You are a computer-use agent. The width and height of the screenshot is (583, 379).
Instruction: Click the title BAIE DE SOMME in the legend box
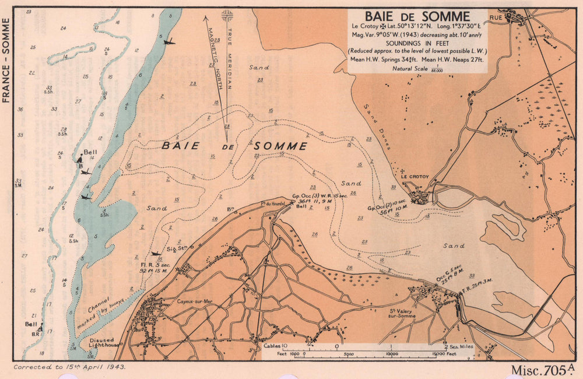point(417,16)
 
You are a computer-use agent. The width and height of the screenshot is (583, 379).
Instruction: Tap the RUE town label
point(496,18)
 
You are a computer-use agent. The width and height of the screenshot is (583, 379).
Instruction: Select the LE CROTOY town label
point(415,177)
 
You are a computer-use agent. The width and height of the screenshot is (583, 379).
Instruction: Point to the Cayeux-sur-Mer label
point(186,301)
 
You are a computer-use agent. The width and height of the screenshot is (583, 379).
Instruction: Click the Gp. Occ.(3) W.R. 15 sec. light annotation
point(319,196)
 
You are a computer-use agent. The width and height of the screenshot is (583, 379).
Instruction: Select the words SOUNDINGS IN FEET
point(417,43)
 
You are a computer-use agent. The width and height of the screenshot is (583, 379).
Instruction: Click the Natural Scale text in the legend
point(409,68)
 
